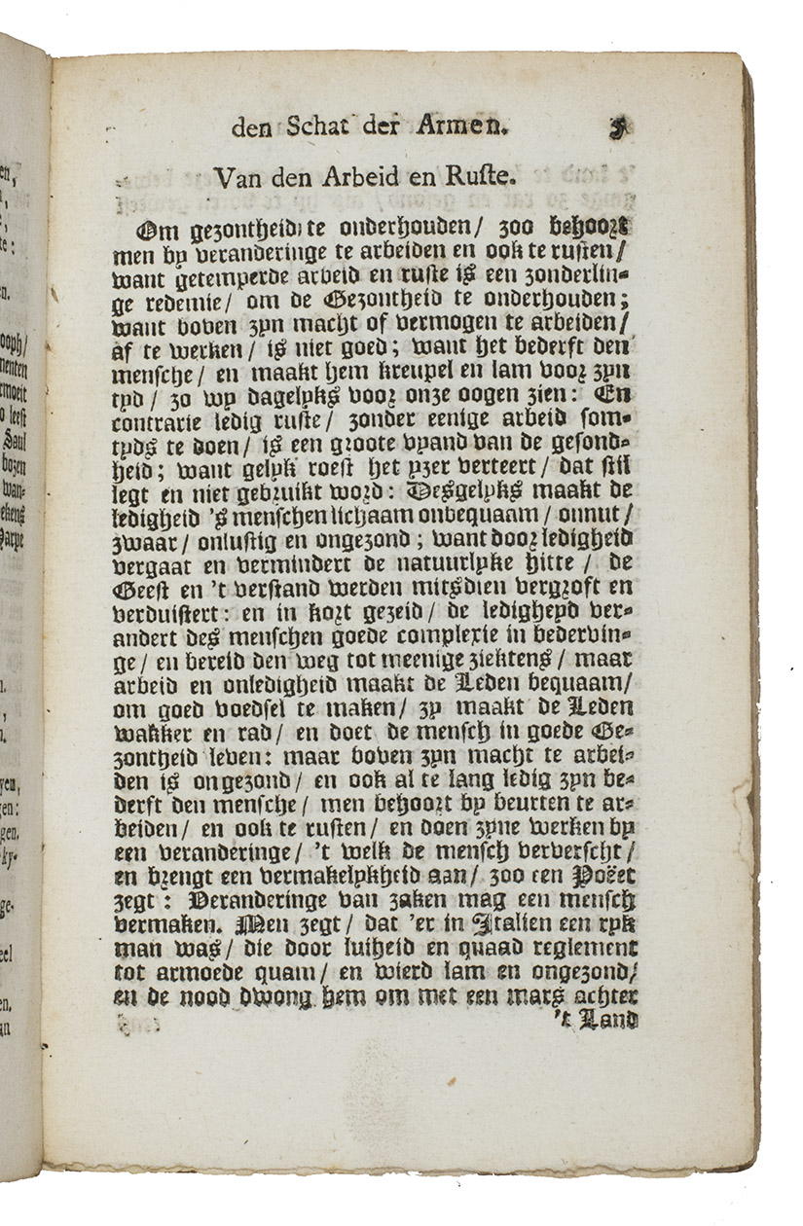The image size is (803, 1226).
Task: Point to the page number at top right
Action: (x=617, y=127)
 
